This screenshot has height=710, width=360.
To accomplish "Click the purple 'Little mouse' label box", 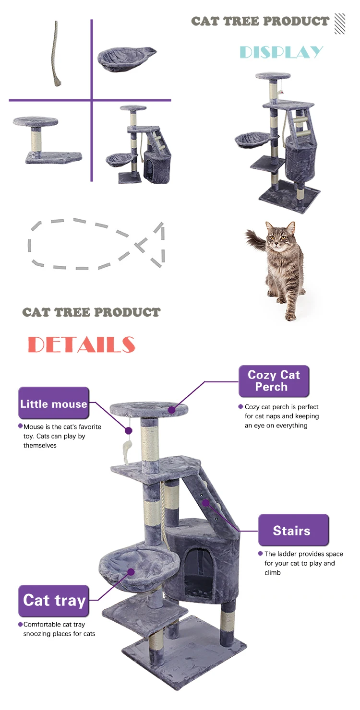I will click(54, 404).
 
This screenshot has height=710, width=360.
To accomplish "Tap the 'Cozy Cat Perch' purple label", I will click(274, 381).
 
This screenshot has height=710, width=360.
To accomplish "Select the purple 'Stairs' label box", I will click(293, 531).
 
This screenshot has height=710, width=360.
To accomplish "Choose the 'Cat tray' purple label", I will click(54, 601).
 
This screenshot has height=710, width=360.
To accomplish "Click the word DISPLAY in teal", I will click(281, 52).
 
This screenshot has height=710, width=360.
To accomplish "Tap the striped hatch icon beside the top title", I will click(340, 23).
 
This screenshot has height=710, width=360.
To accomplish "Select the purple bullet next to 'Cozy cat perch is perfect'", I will click(240, 407).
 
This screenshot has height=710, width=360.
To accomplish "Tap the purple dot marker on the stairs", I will click(205, 502).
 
